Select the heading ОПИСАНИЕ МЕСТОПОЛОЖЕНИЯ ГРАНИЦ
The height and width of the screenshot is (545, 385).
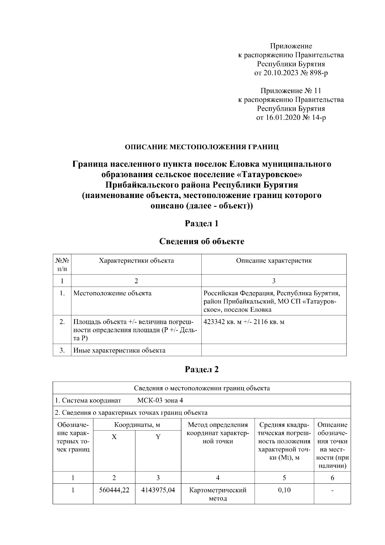[201, 147]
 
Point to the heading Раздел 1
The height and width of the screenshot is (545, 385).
[202, 224]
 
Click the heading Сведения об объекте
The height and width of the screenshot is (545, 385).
[202, 241]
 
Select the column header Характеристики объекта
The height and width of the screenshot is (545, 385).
[136, 261]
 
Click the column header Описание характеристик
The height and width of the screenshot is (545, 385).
[274, 261]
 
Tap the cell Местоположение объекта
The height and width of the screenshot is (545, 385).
[113, 293]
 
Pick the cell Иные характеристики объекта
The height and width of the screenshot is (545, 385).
[119, 350]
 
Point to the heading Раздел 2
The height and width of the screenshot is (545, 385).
[202, 369]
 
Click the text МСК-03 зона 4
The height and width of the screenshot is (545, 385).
[160, 400]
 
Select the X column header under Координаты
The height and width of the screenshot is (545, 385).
[114, 437]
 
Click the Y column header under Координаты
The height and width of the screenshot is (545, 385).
[158, 437]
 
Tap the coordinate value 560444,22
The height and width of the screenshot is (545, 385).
[114, 490]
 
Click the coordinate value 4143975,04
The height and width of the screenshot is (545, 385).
[158, 490]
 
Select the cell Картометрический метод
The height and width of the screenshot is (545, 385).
[218, 494]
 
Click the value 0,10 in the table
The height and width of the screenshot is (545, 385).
[284, 490]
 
